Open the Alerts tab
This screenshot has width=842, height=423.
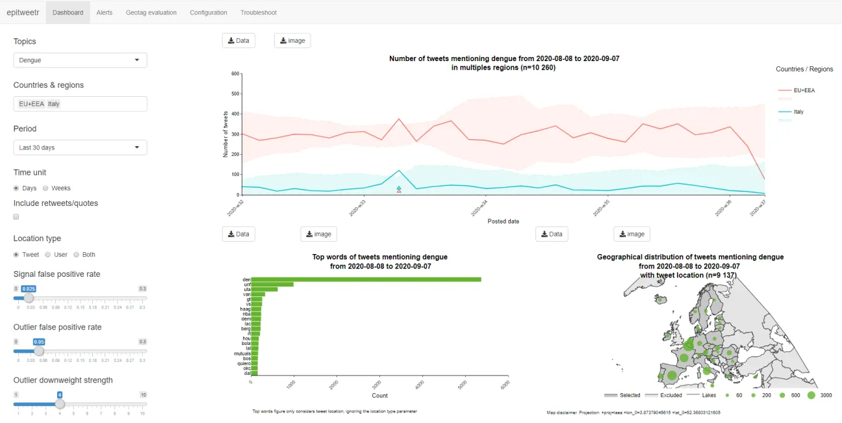pos(104,12)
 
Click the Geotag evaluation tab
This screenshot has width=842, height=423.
pos(151,12)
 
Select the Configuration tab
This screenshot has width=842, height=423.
pos(209,12)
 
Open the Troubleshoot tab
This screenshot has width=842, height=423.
pos(259,12)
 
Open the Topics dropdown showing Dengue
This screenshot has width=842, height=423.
pos(80,60)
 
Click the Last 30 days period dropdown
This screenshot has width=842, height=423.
pos(80,147)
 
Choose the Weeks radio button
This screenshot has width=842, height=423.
pos(45,188)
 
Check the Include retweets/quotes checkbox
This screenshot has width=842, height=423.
pos(16,217)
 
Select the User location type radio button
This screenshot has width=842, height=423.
pos(47,255)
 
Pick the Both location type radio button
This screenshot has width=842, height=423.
pos(76,255)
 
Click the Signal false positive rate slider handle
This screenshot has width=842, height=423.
pos(29,298)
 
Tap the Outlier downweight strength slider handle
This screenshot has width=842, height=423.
pos(60,404)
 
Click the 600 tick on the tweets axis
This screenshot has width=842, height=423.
pos(236,73)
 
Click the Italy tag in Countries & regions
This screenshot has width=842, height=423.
pos(53,104)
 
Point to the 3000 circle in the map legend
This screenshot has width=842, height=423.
pos(811,395)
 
